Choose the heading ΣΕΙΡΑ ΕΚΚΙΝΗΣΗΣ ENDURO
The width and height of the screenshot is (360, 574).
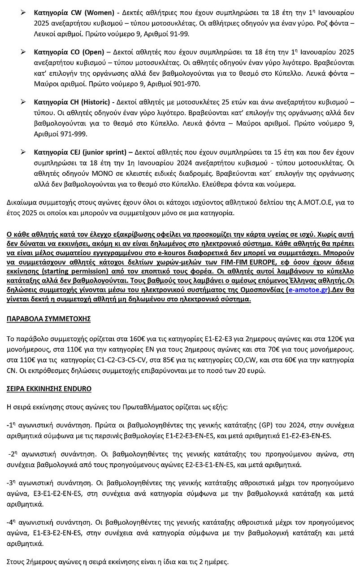coord(49,388)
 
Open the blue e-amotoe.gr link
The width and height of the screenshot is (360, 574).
coord(311,291)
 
